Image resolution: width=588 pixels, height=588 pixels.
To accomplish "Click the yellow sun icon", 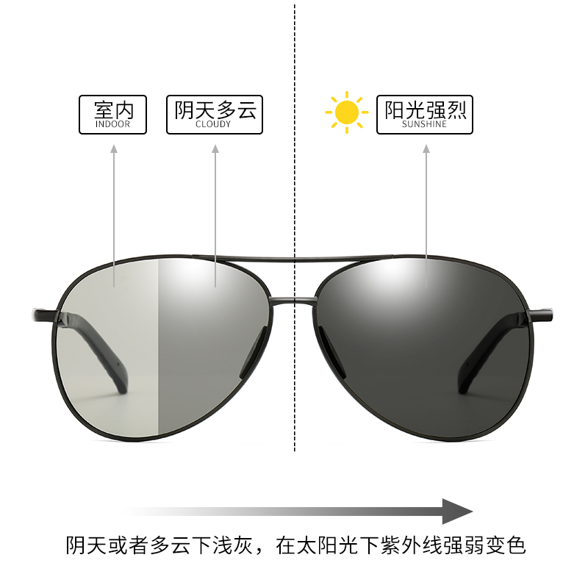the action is click(x=345, y=112).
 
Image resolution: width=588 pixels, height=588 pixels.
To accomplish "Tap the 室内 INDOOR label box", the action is click(x=113, y=115).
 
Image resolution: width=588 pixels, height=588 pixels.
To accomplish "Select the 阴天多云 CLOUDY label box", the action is click(x=215, y=115).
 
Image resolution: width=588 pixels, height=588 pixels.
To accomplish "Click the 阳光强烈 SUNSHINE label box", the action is click(x=425, y=115).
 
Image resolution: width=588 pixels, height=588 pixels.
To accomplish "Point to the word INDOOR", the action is click(x=113, y=125).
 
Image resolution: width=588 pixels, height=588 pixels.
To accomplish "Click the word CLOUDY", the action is click(x=214, y=125).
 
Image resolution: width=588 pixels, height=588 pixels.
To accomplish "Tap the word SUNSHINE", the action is click(x=425, y=125).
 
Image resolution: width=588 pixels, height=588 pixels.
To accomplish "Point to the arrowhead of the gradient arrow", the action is click(x=457, y=511).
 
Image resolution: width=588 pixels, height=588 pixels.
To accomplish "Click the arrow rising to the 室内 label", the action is click(x=114, y=213).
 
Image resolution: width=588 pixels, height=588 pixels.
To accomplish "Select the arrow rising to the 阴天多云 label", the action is click(x=215, y=213).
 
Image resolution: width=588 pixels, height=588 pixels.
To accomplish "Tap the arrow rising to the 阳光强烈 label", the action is click(x=426, y=213).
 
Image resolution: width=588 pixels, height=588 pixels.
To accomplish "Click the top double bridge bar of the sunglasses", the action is click(x=294, y=259).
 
